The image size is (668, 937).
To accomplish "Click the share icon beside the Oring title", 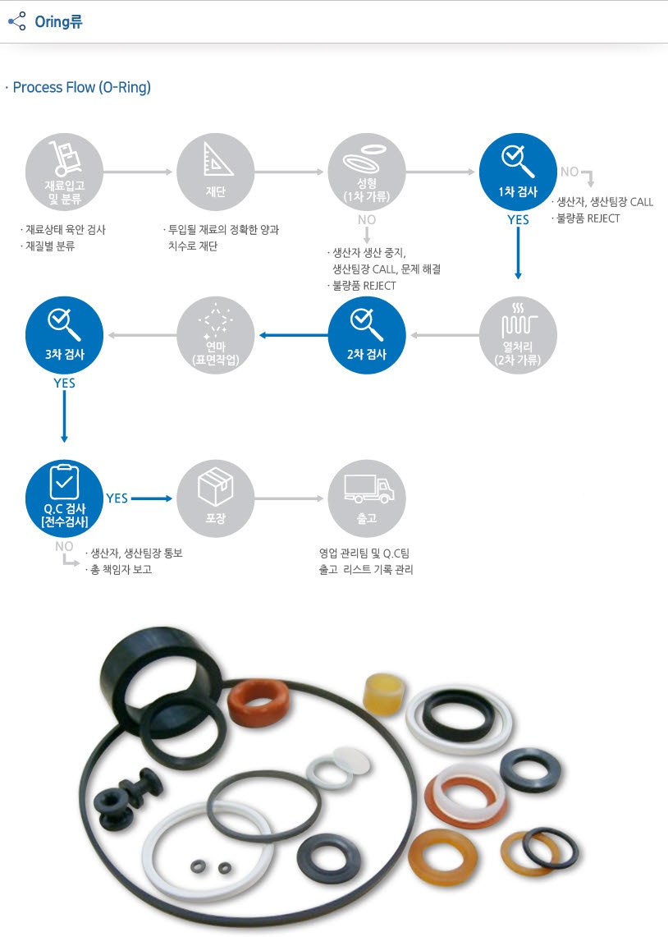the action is coord(16,21).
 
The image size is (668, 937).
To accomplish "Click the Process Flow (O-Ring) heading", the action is coord(82,87).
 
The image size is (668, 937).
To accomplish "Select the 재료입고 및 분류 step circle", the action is coord(65,172).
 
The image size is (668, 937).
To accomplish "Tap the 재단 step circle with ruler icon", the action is coord(216,172).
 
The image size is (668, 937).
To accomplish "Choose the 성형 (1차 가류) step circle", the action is coord(367,172).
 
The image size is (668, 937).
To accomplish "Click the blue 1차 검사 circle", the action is coord(518,172).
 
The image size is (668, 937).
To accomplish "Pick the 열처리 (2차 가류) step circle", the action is coord(518,335).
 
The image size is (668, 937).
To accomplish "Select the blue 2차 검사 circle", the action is coord(367,335).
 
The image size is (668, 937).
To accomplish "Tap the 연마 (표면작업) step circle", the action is coord(216,335).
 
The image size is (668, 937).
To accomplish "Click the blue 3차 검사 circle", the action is coord(65,335).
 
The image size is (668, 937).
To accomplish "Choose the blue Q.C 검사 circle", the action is coord(65,498).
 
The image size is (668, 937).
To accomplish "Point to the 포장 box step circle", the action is coord(216,498).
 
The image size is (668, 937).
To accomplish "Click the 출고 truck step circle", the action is coord(367,498).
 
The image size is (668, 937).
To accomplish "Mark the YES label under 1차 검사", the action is coord(518,220).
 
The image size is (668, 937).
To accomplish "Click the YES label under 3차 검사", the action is coord(65,383).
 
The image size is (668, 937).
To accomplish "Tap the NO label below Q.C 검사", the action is coord(64,546).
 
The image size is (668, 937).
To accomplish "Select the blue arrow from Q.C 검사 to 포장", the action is coord(152,498).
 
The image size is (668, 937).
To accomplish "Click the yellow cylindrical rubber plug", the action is coord(383,693).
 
